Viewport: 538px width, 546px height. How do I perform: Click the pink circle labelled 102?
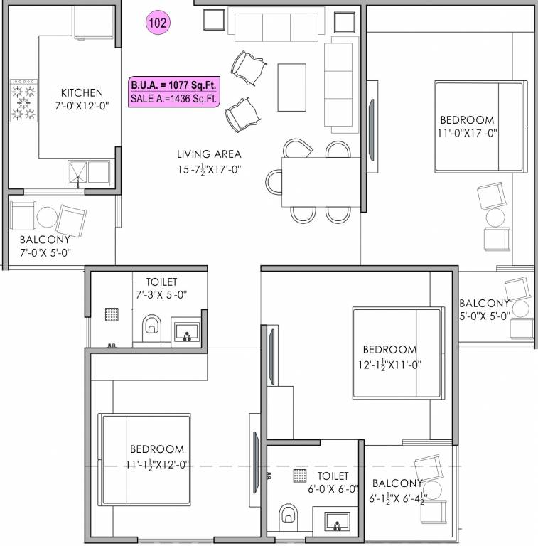(158, 22)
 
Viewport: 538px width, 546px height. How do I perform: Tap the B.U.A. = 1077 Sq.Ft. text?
(173, 85)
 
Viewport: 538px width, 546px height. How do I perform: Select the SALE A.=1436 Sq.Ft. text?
(173, 99)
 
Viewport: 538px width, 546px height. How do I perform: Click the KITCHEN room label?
(82, 92)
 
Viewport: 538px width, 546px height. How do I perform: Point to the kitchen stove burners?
(23, 102)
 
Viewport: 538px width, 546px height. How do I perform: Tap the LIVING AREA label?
(209, 154)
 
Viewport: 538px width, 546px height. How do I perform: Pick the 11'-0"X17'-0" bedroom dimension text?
(467, 132)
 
